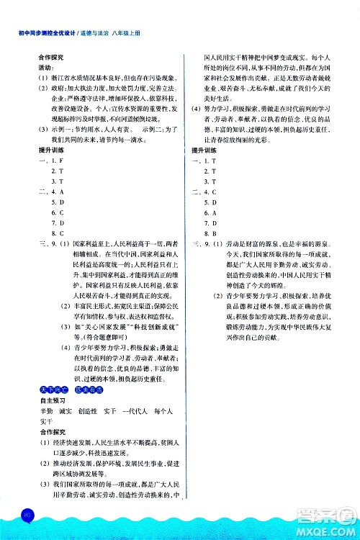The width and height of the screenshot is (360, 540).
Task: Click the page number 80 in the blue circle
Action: [27, 513]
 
